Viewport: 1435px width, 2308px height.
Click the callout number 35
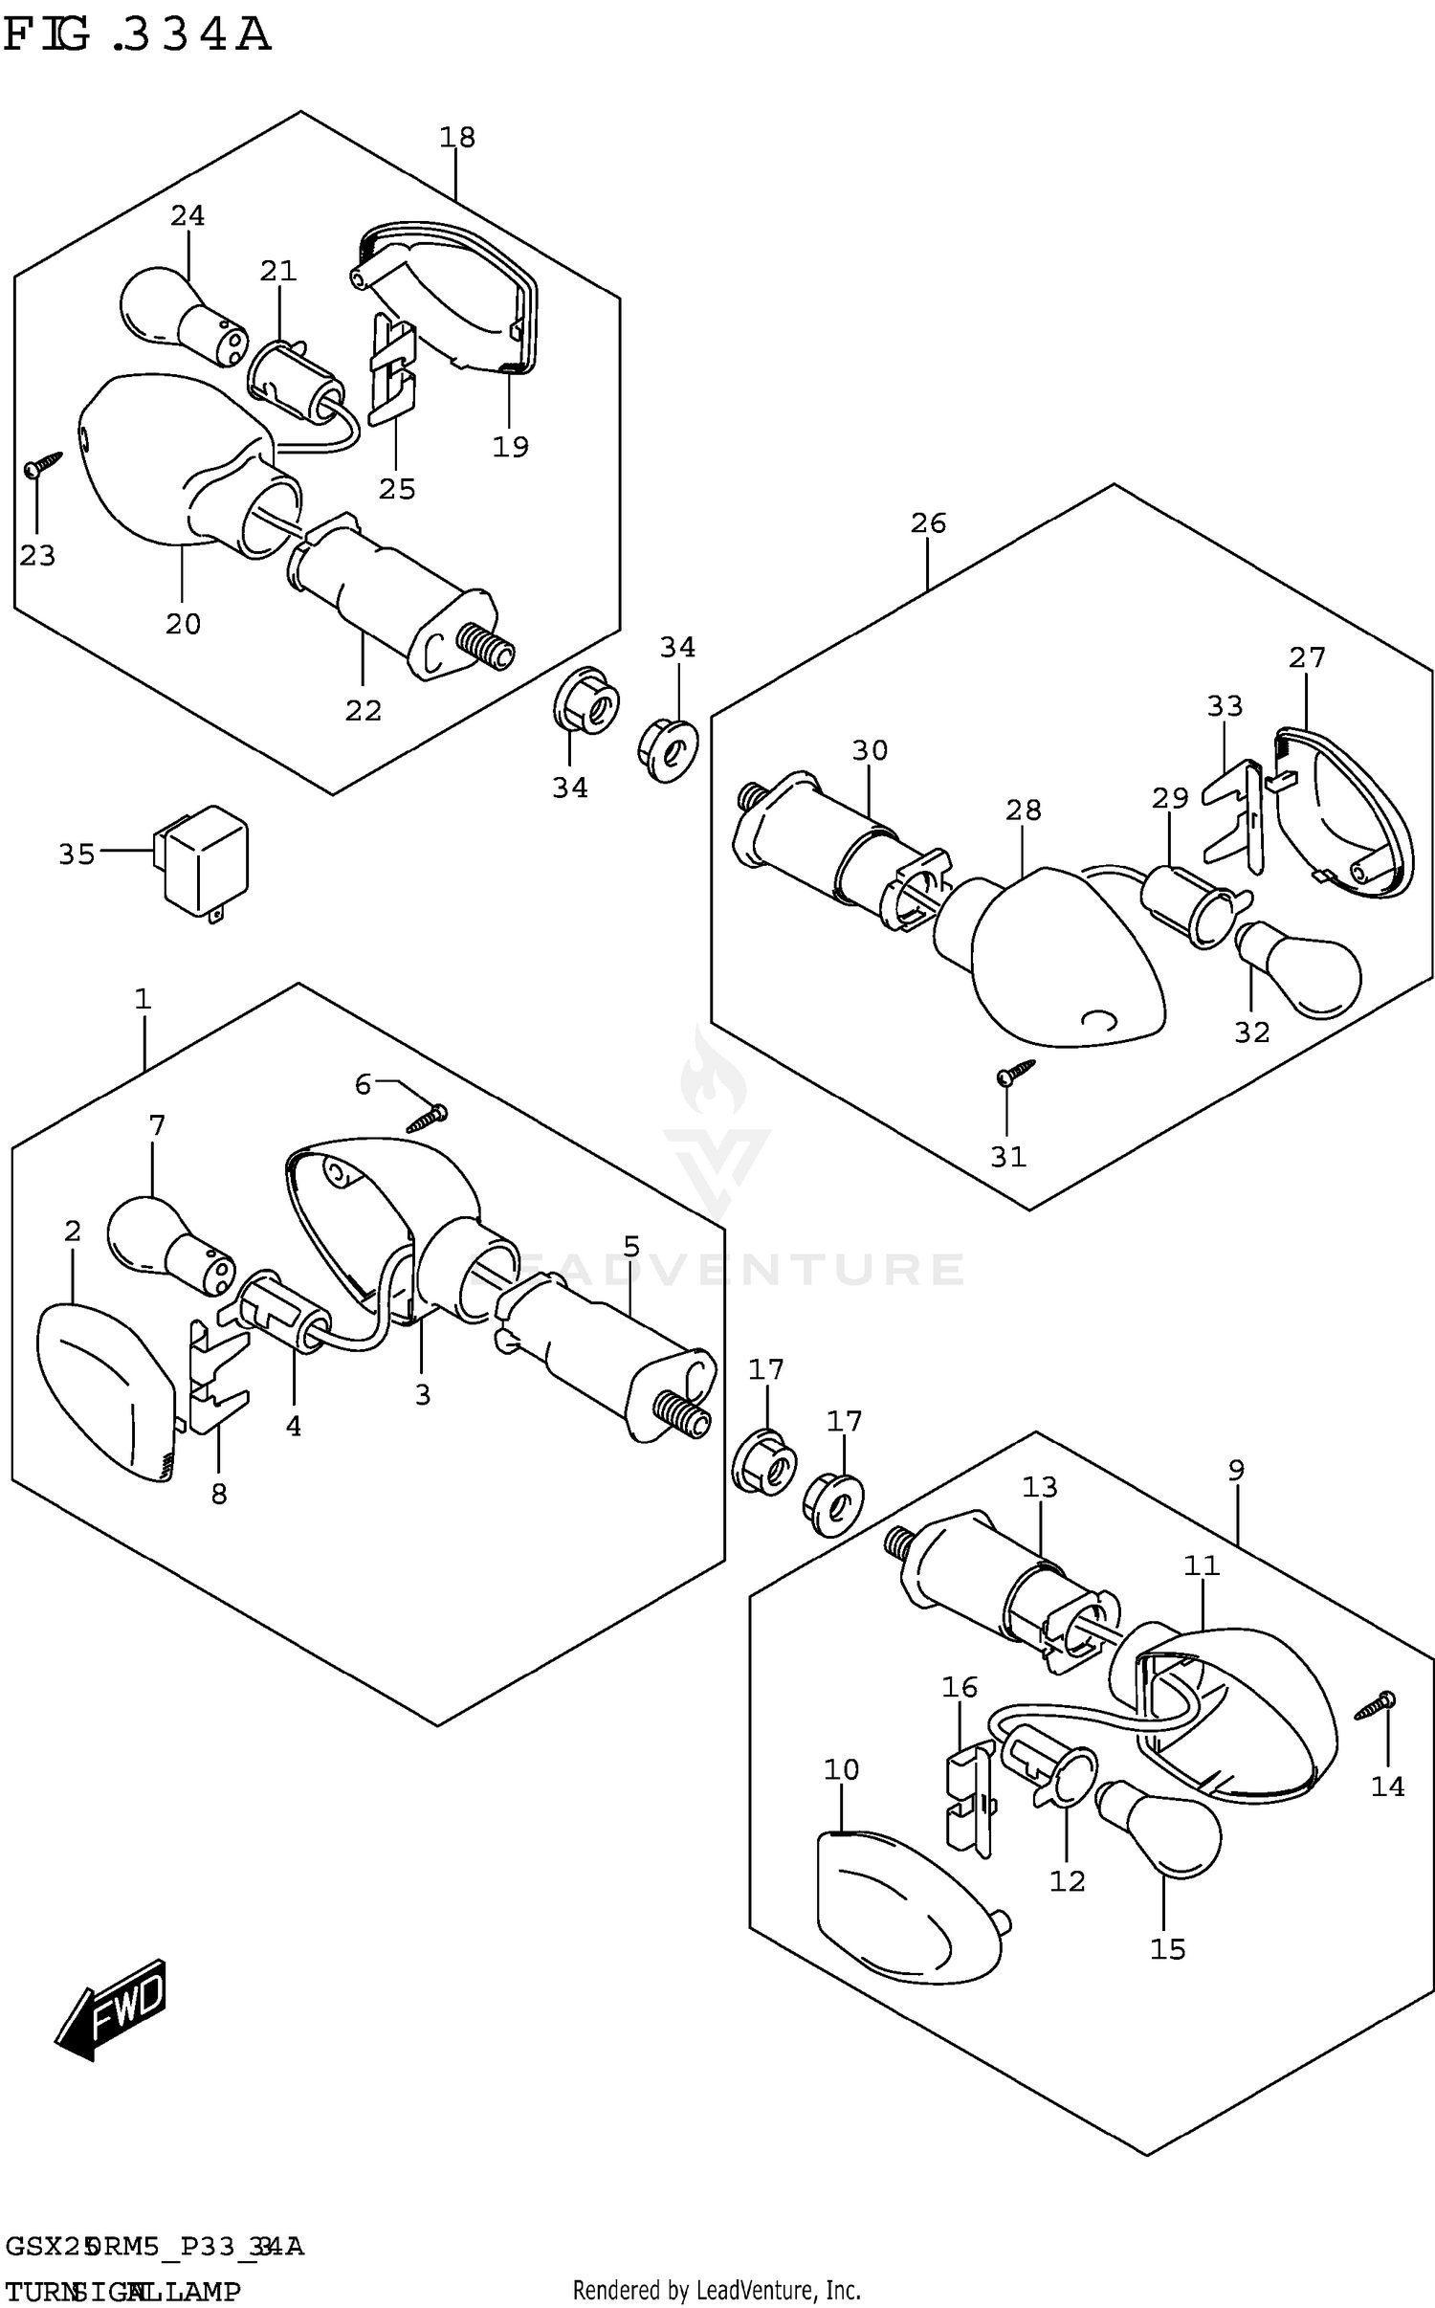[77, 854]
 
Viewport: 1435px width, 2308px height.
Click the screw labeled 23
[41, 465]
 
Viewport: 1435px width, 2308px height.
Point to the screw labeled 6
[428, 1118]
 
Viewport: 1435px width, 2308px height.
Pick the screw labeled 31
[1014, 1071]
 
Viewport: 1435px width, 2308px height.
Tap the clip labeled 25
[392, 368]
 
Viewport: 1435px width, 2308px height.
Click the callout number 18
[457, 138]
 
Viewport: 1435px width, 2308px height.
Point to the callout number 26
[928, 523]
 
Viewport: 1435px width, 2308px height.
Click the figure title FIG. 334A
[137, 35]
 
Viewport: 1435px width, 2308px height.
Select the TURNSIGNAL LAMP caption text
[122, 2284]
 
